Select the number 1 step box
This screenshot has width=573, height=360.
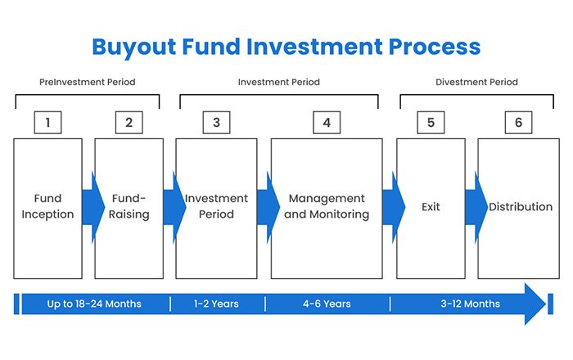click(48, 123)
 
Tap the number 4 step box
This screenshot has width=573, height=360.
click(326, 123)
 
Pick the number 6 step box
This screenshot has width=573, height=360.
click(518, 123)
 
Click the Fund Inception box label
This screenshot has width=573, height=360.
click(47, 206)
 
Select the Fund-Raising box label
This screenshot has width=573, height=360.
click(129, 206)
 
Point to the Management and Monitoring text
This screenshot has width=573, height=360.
click(327, 206)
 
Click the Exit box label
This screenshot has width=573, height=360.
click(431, 207)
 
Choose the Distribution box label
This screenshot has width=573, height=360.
click(521, 207)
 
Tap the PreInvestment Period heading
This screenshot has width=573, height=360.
click(88, 83)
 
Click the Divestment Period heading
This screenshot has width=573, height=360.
click(476, 83)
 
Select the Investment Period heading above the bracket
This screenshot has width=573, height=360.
click(278, 83)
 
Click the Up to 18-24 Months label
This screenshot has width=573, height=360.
click(94, 304)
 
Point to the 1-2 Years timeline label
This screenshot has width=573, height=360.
click(216, 304)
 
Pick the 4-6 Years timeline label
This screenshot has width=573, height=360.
click(327, 304)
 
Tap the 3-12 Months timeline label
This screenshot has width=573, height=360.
click(470, 304)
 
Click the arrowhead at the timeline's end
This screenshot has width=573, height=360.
click(535, 304)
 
